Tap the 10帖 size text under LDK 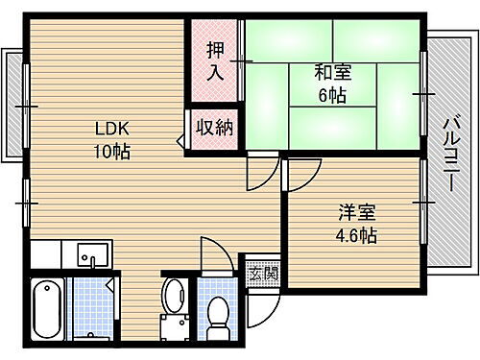[111, 152]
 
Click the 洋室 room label [354, 212]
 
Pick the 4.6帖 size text [354, 234]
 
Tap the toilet [219, 311]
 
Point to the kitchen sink [94, 256]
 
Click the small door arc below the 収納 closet [257, 173]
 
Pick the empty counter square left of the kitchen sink [45, 255]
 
